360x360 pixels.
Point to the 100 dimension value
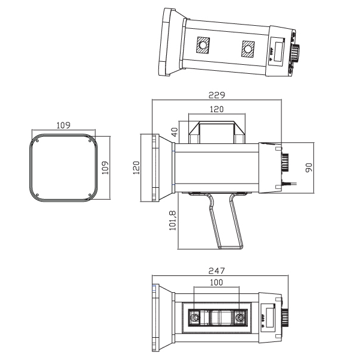217,281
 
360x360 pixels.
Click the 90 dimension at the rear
309,166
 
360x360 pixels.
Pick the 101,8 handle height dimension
173,221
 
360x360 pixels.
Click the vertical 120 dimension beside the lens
137,168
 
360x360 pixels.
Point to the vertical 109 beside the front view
106,167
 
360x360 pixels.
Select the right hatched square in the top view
247,49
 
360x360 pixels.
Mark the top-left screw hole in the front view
37,142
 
